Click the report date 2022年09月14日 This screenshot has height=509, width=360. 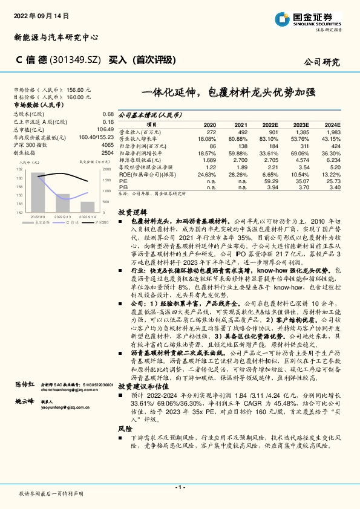coord(41,15)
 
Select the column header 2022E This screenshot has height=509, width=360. coord(269,124)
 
